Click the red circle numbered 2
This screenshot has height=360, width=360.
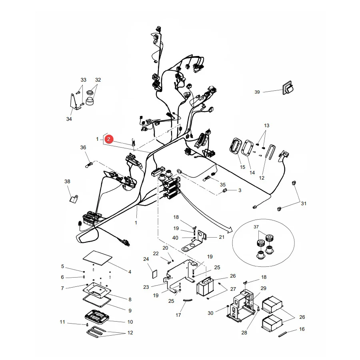109,139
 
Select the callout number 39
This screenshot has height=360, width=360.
257,92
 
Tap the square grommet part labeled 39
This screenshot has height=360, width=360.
288,88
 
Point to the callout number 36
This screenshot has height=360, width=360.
83,147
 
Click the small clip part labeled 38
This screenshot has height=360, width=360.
74,198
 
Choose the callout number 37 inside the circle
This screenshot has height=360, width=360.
256,227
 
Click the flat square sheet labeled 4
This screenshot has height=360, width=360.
98,258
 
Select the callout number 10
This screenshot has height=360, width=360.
130,322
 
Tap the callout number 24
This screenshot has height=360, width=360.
146,259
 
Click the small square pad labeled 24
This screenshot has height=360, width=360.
155,274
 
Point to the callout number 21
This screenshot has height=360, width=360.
222,237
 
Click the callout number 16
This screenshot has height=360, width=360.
302,329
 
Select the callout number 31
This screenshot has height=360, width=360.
304,204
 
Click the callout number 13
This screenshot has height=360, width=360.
266,126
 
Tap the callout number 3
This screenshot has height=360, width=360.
240,190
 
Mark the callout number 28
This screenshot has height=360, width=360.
244,333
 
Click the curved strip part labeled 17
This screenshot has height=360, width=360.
188,300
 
